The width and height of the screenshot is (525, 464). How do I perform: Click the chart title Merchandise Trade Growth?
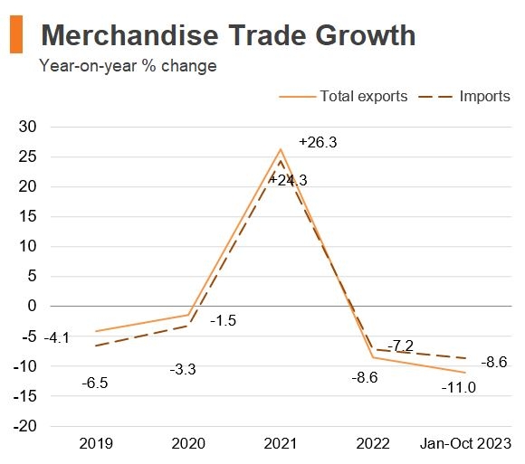point(228,35)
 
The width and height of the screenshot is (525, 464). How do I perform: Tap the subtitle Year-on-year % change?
point(128,66)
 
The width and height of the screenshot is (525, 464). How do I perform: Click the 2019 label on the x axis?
point(96,444)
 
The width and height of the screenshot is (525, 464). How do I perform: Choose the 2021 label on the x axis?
point(281,444)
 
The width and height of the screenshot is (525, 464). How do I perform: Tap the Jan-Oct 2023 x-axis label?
point(465,444)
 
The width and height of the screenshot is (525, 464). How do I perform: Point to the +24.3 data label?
point(288,181)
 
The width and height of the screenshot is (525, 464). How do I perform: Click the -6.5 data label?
point(96,384)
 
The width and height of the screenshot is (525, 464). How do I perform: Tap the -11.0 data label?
point(458,388)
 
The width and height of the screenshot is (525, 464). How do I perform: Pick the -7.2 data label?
point(400,346)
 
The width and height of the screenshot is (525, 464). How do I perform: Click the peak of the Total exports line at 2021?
point(281,149)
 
